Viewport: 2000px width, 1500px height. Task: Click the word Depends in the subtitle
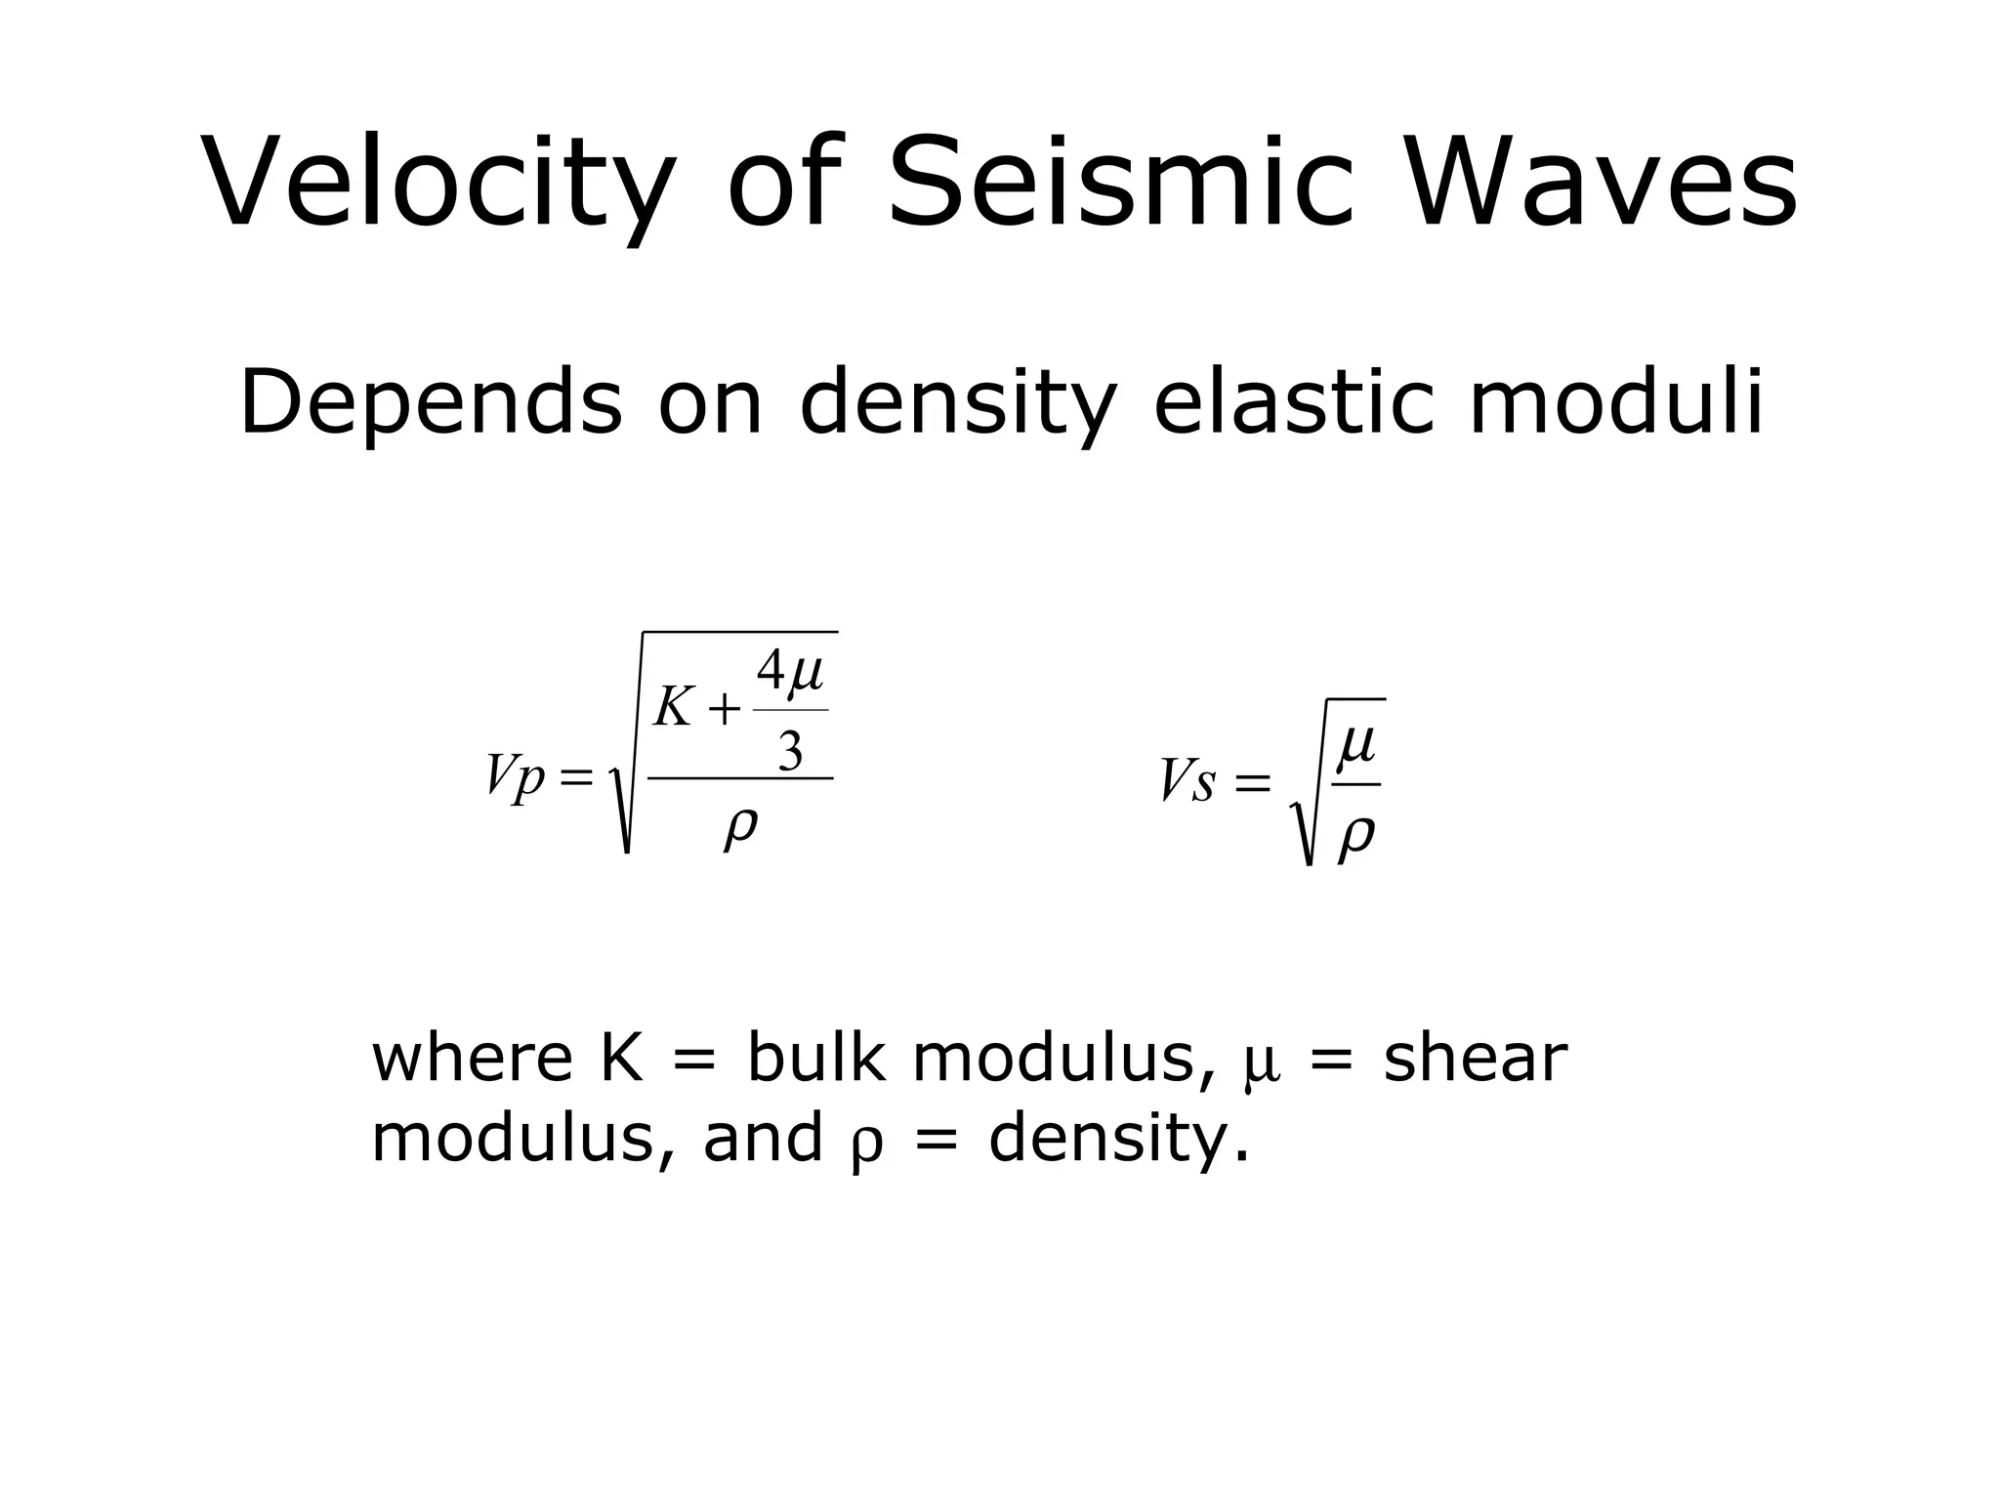coord(431,401)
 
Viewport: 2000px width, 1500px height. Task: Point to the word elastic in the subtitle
coord(1295,401)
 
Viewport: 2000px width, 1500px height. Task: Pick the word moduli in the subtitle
coord(1616,401)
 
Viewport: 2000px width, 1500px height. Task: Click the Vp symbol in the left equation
coord(515,777)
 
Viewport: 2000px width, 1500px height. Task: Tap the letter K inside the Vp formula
coord(673,707)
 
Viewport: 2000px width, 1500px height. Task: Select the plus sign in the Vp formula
coord(724,711)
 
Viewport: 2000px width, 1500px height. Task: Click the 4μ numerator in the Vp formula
coord(790,673)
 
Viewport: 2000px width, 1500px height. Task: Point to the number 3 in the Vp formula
coord(790,751)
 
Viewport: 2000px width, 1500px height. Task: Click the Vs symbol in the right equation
coord(1187,781)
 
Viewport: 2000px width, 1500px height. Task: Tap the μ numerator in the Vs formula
coord(1356,745)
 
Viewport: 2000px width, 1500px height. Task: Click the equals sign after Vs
coord(1253,783)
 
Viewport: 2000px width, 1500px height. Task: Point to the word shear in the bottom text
coord(1475,1058)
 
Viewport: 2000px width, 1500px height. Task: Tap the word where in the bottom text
coord(472,1058)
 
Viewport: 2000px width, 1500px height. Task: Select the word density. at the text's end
coord(1118,1139)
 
